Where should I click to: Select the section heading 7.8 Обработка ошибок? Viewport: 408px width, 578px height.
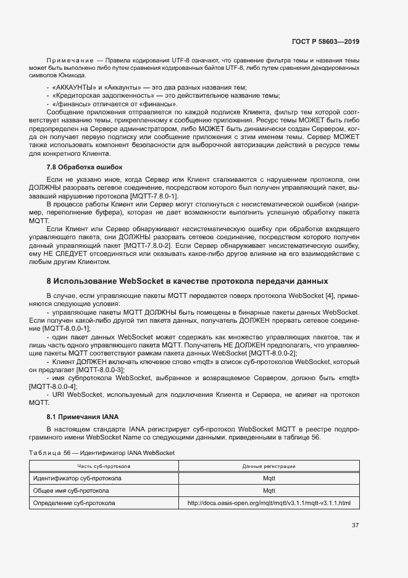pyautogui.click(x=85, y=167)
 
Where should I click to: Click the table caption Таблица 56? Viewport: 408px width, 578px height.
pyautogui.click(x=50, y=453)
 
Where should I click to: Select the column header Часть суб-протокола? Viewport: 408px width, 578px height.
pyautogui.click(x=103, y=466)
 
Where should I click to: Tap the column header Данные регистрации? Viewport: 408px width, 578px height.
pyautogui.click(x=269, y=466)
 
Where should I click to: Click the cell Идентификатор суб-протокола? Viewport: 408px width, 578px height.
pyautogui.click(x=77, y=478)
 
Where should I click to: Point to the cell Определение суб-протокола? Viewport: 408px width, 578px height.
pyautogui.click(x=73, y=503)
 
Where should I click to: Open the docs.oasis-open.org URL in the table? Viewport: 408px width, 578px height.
pyautogui.click(x=269, y=503)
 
